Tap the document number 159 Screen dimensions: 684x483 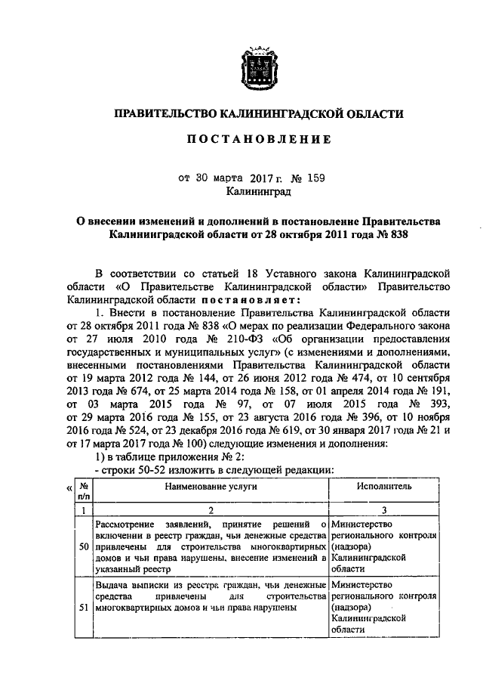click(317, 178)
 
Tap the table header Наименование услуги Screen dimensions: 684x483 click(211, 487)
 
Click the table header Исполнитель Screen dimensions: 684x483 click(384, 487)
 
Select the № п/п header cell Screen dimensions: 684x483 click(84, 493)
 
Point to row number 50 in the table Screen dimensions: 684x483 click(84, 546)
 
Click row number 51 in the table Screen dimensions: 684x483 click(84, 606)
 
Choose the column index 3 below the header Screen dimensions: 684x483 click(384, 511)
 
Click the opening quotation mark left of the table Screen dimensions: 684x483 click(70, 489)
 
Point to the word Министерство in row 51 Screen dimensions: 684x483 click(361, 584)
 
